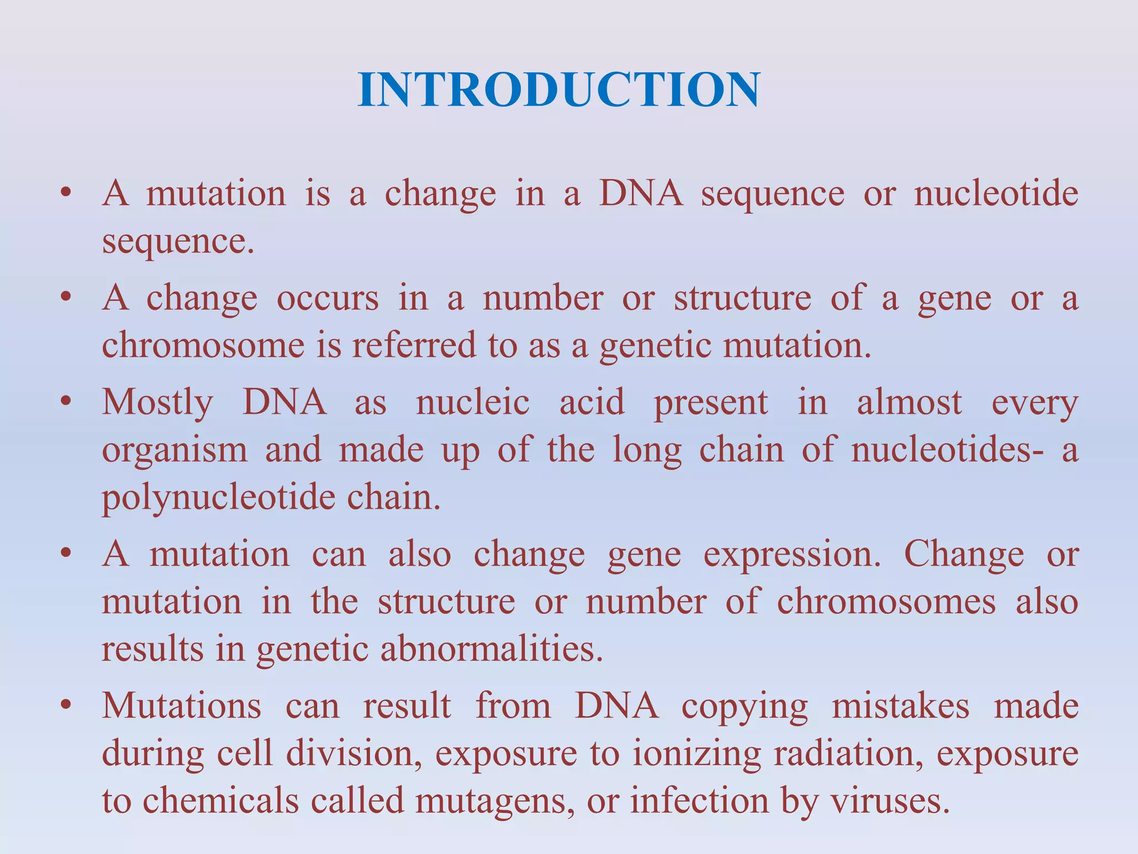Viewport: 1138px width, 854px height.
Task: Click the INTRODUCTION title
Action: coord(559,90)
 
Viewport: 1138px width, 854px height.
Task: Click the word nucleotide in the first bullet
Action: coord(996,194)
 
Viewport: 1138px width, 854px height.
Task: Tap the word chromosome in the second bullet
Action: coord(203,345)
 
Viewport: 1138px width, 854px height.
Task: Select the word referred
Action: coord(413,345)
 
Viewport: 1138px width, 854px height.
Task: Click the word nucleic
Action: coord(472,403)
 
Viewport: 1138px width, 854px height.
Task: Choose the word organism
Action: coord(174,450)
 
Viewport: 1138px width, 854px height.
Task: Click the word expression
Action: coord(792,555)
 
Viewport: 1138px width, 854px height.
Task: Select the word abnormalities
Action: coord(492,649)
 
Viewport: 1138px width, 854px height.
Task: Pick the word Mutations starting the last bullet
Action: coord(182,707)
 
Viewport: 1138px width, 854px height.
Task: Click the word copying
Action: coord(745,708)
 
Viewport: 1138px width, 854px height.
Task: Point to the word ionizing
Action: coord(697,755)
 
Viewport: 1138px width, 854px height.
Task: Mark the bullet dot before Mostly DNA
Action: coord(66,401)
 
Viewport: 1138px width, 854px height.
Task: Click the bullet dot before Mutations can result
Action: coord(66,706)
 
